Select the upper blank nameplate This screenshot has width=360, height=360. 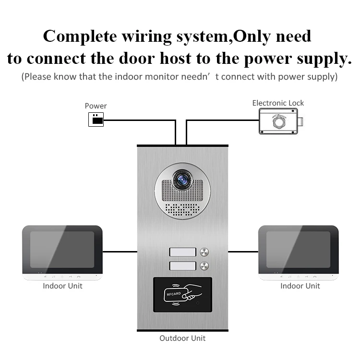click(182, 252)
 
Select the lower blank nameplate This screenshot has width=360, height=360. click(182, 266)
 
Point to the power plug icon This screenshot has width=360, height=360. click(96, 120)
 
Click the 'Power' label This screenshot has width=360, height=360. click(96, 106)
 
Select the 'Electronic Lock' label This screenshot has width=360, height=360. click(278, 103)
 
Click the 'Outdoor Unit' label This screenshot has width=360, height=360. click(182, 338)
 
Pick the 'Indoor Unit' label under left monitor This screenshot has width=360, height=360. click(62, 286)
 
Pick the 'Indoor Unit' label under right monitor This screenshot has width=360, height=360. click(300, 286)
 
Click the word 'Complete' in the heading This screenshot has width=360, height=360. click(80, 36)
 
